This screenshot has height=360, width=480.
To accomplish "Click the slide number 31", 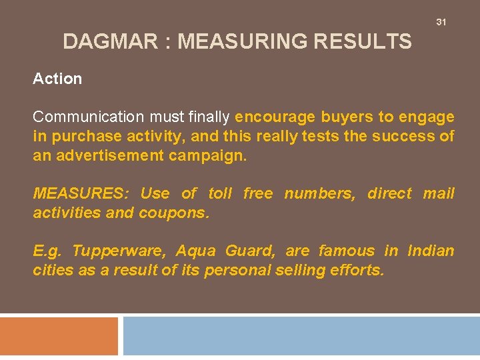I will point(441,22).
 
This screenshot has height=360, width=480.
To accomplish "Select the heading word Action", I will point(57,79).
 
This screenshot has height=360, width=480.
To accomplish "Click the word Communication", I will point(89,117).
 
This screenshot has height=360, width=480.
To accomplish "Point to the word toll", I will point(220,193).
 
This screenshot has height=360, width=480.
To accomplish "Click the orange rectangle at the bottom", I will point(59,336).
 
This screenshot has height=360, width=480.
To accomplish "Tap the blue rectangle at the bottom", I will point(301,336).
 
